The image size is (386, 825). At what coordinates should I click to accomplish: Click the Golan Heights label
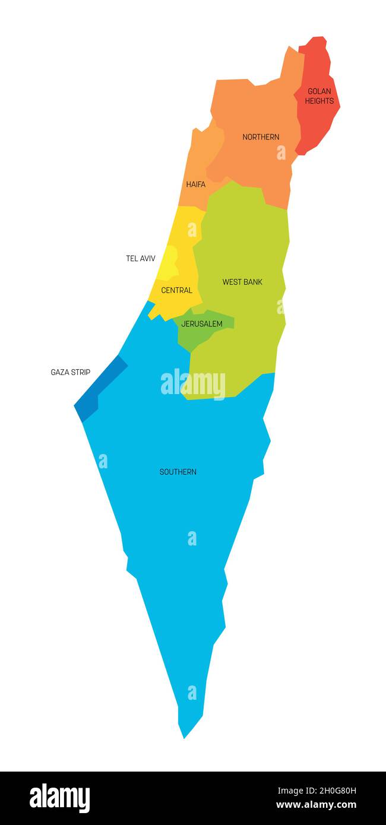[319, 96]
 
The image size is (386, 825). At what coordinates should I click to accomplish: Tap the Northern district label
[261, 137]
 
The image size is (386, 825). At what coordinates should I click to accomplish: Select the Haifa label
[195, 185]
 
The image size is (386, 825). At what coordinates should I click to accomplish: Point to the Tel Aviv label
[141, 259]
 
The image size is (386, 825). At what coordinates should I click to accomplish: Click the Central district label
[177, 290]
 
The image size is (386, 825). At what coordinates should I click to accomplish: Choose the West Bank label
[242, 282]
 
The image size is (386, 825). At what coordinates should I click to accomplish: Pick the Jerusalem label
[202, 324]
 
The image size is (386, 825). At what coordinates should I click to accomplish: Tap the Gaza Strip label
[71, 372]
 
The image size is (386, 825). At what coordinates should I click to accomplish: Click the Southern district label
[178, 472]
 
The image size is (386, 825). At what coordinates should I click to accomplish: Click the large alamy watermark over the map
[193, 384]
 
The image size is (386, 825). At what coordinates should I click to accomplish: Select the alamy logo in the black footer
[60, 798]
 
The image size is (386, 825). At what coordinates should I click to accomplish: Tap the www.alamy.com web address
[317, 805]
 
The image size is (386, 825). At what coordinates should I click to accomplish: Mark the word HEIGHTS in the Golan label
[319, 101]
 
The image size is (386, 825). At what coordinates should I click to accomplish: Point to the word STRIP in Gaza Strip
[80, 372]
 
